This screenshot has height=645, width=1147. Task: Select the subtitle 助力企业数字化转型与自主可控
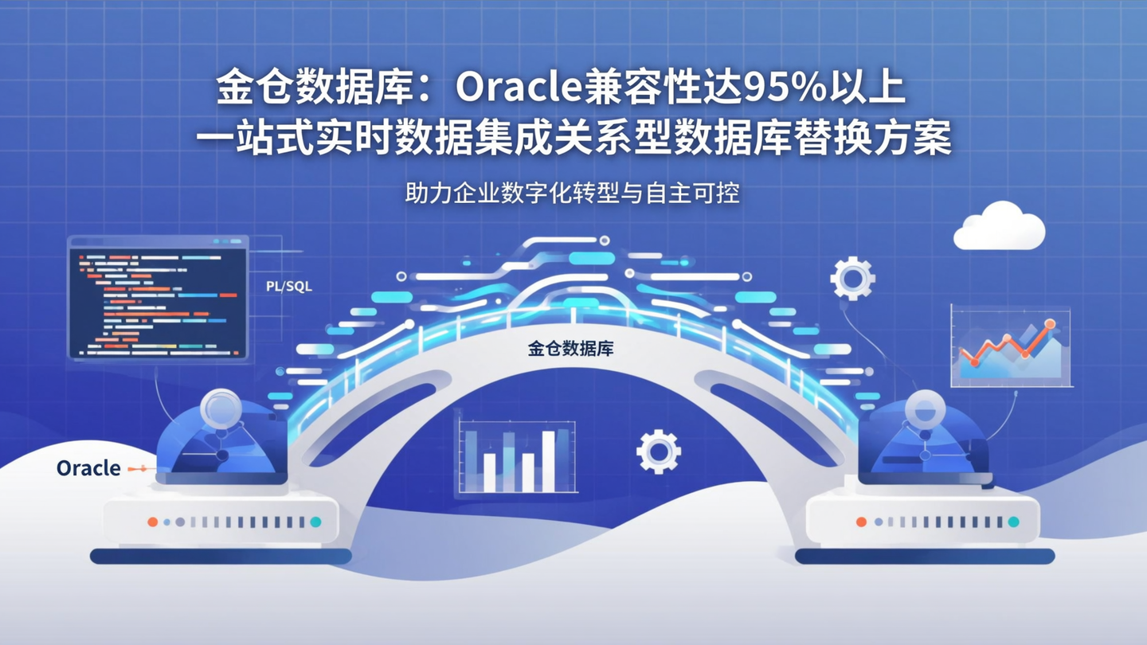click(572, 193)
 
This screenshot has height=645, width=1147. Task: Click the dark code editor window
click(158, 297)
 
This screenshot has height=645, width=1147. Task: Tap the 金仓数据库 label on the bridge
click(570, 349)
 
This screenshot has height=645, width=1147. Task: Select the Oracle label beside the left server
click(88, 468)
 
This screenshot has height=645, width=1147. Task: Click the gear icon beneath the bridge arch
click(658, 451)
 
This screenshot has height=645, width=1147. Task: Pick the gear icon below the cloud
click(852, 278)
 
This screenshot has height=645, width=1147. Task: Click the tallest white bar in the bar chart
click(548, 461)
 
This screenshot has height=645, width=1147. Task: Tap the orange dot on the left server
click(152, 522)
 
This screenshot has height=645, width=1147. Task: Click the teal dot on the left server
click(315, 522)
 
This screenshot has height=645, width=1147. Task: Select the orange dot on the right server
click(860, 522)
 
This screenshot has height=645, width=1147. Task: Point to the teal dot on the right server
click(1013, 522)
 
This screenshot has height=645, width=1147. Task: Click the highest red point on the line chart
click(1049, 324)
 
